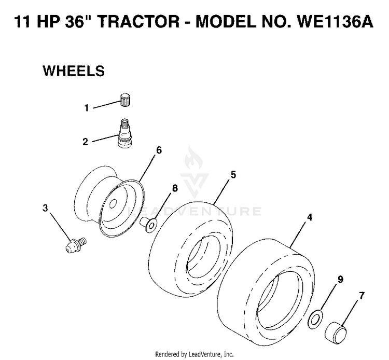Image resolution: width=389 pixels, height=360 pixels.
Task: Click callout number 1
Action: tap(86, 108)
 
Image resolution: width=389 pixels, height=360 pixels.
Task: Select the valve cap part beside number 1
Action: tap(126, 100)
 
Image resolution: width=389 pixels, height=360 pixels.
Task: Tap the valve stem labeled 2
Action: tap(124, 133)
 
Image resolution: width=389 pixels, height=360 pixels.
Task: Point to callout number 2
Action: tap(85, 142)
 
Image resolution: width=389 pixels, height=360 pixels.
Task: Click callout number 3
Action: tap(45, 208)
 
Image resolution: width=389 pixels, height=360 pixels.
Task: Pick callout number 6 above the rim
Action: tap(159, 150)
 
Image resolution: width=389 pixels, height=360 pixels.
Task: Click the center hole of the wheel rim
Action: tap(113, 204)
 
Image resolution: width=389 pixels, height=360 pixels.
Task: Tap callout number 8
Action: tap(175, 188)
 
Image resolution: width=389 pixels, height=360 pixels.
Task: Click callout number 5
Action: tap(233, 175)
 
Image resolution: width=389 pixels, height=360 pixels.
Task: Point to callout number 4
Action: tap(309, 217)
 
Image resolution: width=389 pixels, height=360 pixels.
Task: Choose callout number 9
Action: tap(340, 279)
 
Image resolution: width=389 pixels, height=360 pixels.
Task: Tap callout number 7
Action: tap(362, 296)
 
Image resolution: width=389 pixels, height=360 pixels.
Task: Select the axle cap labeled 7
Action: tap(336, 331)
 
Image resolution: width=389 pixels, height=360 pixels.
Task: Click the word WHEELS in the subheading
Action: tap(74, 71)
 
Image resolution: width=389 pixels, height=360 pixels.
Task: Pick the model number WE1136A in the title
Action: tap(335, 21)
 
